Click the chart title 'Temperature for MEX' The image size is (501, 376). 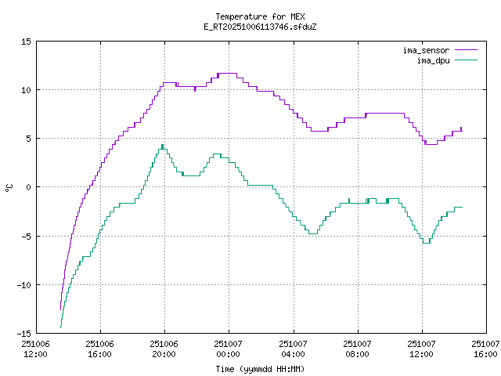pos(249,16)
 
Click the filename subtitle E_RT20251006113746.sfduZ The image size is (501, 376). pos(249,26)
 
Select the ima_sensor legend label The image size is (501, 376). pos(426,50)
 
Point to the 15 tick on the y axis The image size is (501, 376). pos(26,41)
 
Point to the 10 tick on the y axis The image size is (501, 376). pos(26,89)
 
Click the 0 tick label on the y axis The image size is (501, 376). pos(28,186)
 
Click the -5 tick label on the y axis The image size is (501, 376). pos(26,235)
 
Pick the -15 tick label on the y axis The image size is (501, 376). pos(23,332)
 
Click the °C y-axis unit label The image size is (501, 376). pos(9,187)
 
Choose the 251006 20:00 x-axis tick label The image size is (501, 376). pos(164,349)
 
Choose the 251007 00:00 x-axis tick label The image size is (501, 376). pos(228,349)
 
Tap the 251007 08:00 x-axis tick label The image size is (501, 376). pos(357,349)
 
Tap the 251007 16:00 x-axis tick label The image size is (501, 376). pos(485,349)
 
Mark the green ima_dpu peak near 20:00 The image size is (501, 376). pos(162,146)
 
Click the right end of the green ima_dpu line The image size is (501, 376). pos(462,207)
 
